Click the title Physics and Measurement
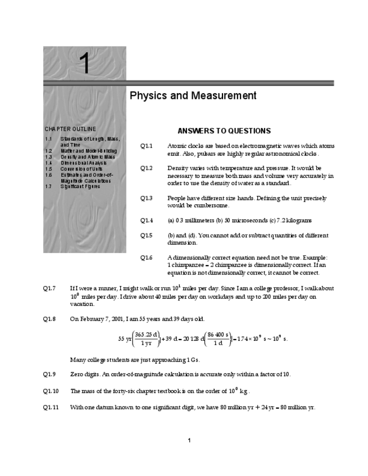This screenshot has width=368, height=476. tap(193, 96)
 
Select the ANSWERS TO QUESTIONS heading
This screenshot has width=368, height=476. tap(224, 131)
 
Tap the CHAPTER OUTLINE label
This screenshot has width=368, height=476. tap(70, 129)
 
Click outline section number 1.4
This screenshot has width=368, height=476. tap(49, 163)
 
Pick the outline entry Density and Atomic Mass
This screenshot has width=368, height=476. tap(88, 157)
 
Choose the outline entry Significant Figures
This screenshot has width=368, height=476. tap(80, 186)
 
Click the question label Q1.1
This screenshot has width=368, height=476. tap(146, 146)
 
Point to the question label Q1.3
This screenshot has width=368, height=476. tap(146, 198)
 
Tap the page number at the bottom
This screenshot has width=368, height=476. tap(189, 440)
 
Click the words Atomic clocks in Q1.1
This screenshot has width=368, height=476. tap(185, 146)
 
